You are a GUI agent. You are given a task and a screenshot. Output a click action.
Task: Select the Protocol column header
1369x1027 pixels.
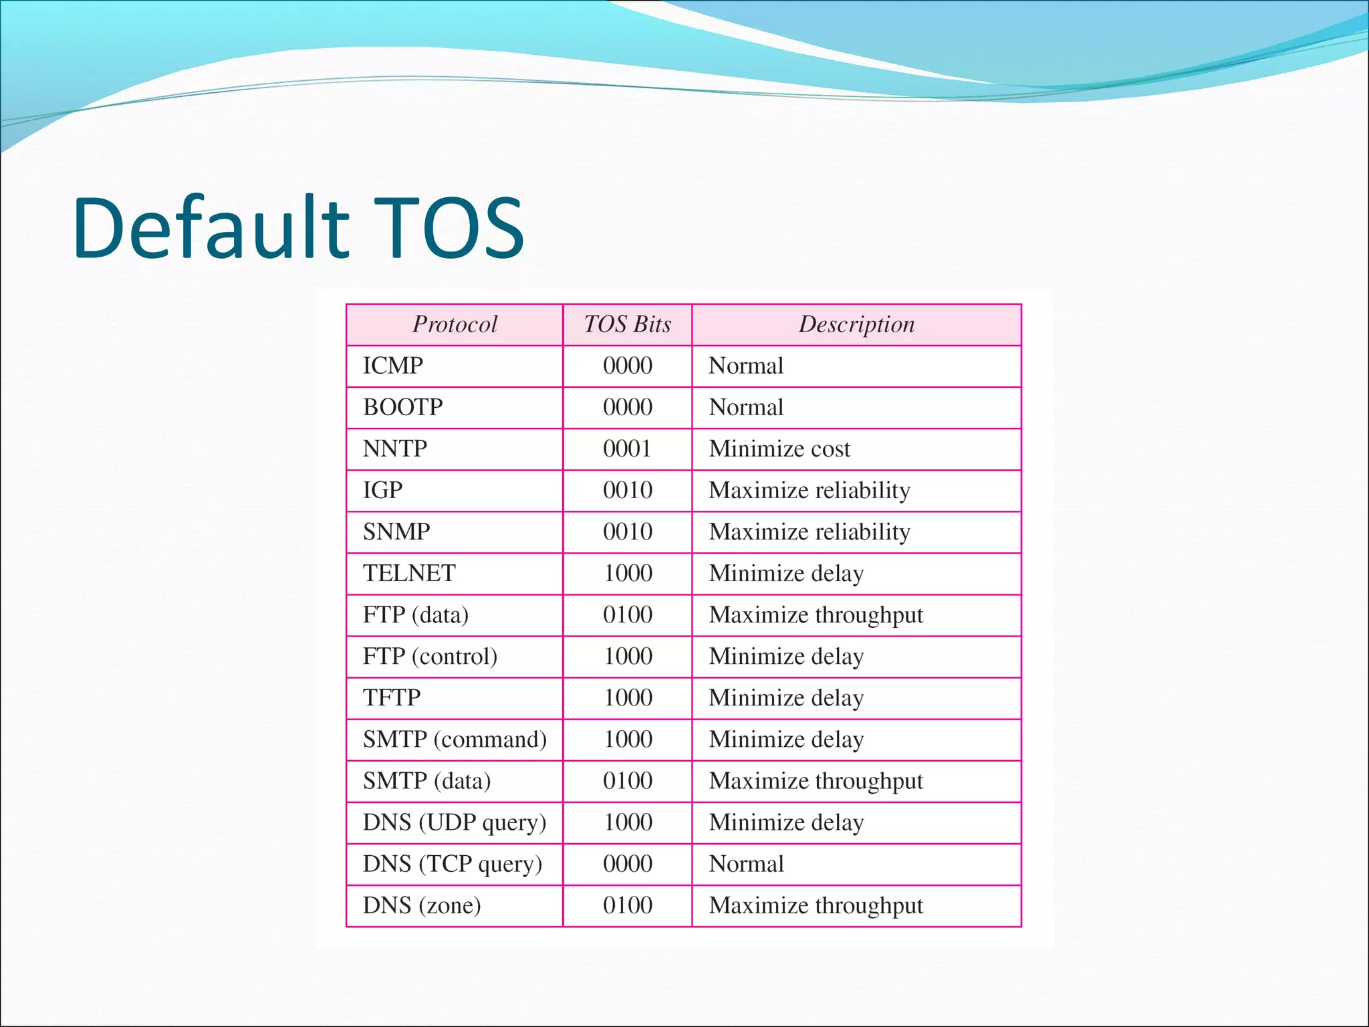coord(455,324)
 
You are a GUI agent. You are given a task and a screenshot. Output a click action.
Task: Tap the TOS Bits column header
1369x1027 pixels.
coord(627,324)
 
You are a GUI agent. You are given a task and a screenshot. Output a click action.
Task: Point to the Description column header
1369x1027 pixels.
coord(856,324)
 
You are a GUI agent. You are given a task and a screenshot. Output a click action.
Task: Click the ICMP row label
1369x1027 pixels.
coord(393,366)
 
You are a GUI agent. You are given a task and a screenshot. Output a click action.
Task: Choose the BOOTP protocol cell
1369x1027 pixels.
coord(402,407)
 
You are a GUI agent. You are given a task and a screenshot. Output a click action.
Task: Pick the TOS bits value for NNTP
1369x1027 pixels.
coord(627,449)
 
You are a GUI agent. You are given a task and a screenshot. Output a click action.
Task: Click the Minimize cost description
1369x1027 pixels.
coord(779,449)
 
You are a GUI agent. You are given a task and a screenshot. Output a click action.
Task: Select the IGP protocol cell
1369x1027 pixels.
coord(382,490)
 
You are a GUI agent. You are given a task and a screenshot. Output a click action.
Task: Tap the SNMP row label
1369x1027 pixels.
coord(396,532)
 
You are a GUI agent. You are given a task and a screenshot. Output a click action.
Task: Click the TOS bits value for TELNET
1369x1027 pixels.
coord(628,573)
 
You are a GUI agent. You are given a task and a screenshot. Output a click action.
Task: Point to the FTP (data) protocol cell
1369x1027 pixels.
coord(415,614)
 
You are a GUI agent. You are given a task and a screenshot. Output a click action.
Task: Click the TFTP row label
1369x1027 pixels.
coord(392,697)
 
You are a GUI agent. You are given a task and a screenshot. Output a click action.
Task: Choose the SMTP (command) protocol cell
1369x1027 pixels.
coord(455,739)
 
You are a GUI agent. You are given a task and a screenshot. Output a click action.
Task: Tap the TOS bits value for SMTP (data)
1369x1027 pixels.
coord(627,780)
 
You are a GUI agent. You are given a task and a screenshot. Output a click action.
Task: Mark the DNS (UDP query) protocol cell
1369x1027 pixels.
coord(455,822)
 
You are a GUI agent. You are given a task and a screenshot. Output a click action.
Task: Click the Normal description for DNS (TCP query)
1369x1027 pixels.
coord(746,864)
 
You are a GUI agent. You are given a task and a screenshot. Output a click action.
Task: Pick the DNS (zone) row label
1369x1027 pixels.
coord(422,905)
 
